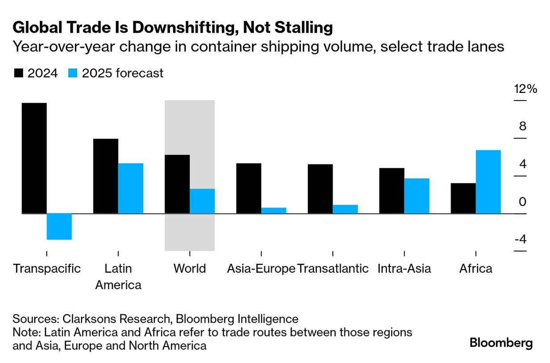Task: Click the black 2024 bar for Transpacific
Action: pos(34,158)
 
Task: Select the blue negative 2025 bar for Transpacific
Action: pos(59,226)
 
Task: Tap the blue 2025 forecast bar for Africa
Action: pos(488,181)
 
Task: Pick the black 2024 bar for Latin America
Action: pos(106,176)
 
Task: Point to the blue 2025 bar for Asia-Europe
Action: pos(273,211)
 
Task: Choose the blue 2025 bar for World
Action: pos(202,201)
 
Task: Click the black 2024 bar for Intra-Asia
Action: pos(392,190)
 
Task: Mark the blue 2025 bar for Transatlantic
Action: pos(345,209)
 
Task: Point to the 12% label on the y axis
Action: pos(525,89)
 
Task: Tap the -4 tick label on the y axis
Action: pos(520,240)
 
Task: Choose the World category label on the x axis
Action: pos(190,269)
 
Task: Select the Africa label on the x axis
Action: pos(476,269)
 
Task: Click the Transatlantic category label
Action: pos(333,269)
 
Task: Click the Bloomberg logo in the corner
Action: pos(501,343)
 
